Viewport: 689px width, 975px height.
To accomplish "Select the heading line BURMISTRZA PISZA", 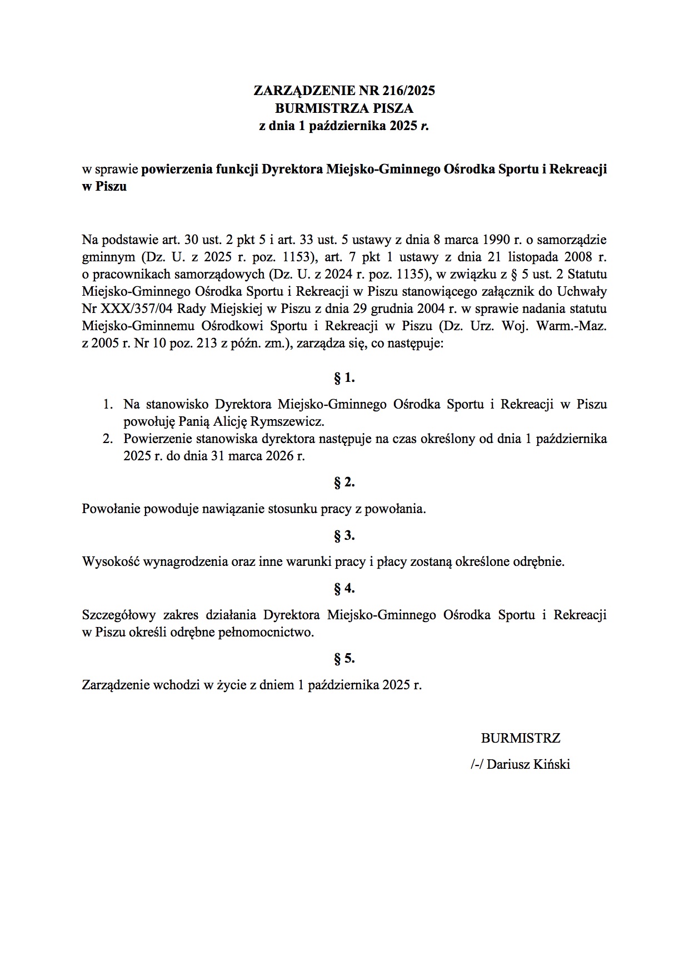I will pyautogui.click(x=344, y=108).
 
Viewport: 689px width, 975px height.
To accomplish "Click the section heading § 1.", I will pyautogui.click(x=344, y=379).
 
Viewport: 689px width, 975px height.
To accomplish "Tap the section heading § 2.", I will pyautogui.click(x=344, y=482).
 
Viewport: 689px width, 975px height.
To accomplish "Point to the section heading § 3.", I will pyautogui.click(x=344, y=535).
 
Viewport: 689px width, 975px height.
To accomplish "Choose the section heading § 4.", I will pyautogui.click(x=344, y=588).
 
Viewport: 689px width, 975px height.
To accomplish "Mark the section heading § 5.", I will pyautogui.click(x=344, y=659).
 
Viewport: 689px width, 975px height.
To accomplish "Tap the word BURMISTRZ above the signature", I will pyautogui.click(x=521, y=738).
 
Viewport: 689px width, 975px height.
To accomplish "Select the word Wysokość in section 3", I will pyautogui.click(x=111, y=561).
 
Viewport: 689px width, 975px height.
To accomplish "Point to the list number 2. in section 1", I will pyautogui.click(x=108, y=439).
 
